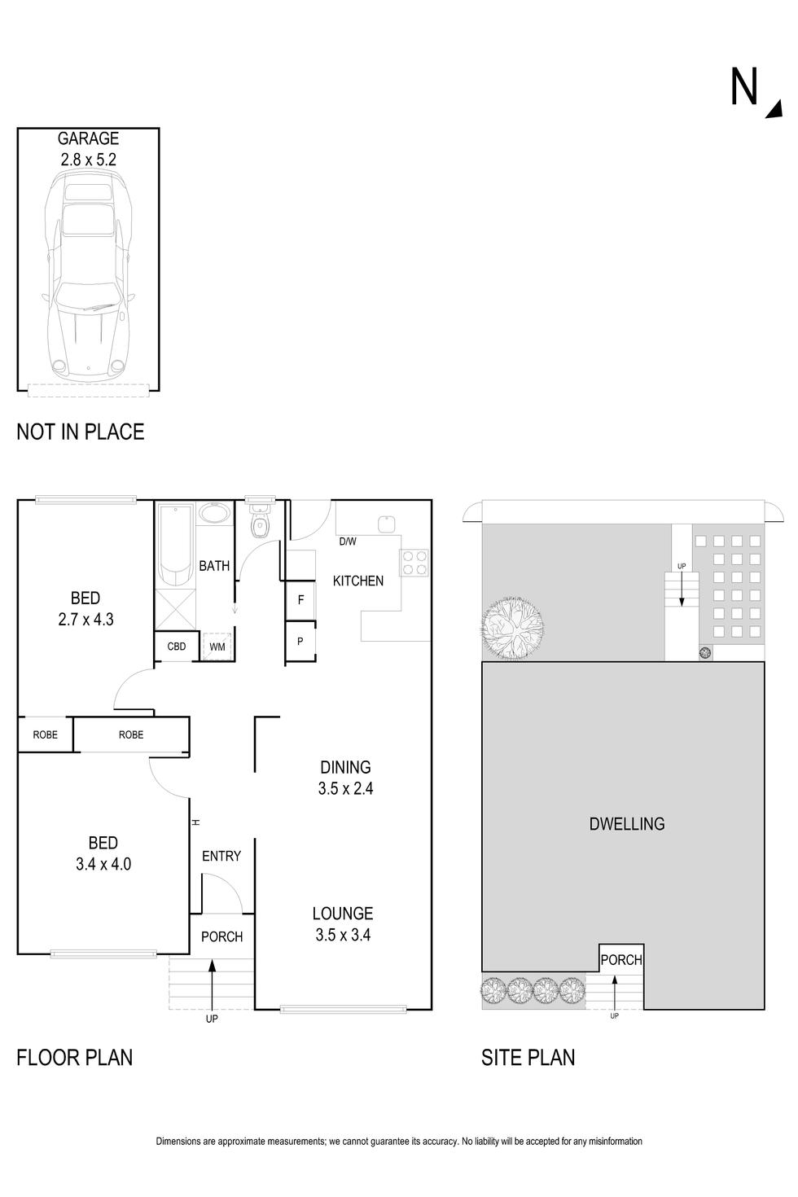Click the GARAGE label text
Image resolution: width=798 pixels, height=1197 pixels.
88,139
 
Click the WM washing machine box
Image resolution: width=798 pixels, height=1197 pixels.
217,647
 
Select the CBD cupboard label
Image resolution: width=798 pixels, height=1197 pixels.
177,647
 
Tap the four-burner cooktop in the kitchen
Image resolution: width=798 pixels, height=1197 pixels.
414,563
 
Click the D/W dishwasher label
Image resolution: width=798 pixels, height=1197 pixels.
348,541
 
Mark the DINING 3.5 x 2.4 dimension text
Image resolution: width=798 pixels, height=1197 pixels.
345,788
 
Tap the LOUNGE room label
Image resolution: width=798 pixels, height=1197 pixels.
343,914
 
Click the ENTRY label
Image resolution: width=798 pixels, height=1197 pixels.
221,856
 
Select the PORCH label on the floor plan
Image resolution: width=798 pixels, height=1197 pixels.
222,936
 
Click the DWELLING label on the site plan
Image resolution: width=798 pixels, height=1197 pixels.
627,824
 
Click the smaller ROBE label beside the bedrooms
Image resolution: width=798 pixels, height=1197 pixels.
46,734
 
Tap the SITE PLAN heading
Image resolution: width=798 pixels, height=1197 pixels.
528,1057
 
